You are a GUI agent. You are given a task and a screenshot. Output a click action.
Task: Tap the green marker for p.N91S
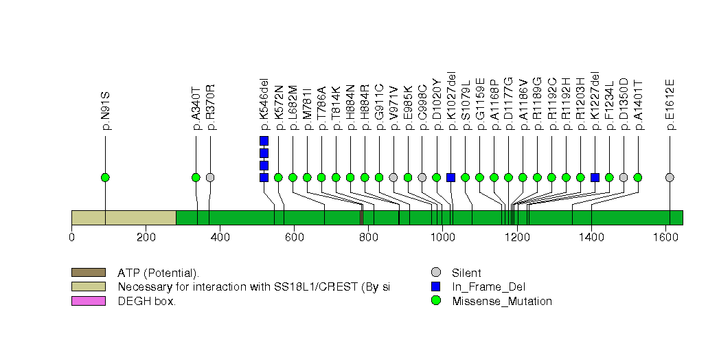tap(105, 177)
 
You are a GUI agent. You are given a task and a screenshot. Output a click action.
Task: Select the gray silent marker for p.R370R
tap(210, 177)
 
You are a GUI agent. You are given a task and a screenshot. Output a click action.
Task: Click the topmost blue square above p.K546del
tap(264, 141)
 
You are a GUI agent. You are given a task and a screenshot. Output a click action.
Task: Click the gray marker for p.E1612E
tap(670, 177)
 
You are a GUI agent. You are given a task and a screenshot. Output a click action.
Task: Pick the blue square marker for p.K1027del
tap(450, 177)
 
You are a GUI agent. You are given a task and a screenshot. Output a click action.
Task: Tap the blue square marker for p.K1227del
tap(595, 177)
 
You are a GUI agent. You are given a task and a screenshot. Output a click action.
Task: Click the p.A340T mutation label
tap(196, 107)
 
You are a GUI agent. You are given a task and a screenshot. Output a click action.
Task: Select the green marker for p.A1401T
tap(637, 177)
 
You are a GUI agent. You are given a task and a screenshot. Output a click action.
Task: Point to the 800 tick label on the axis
tap(368, 238)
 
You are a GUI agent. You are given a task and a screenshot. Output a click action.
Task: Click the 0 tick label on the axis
tap(71, 238)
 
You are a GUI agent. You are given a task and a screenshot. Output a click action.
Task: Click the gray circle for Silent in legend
tap(435, 273)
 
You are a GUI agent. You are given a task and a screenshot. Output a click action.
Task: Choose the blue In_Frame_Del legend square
tap(435, 286)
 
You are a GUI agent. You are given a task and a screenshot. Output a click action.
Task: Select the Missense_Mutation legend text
tap(501, 301)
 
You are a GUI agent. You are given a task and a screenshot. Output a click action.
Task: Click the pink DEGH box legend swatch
tap(88, 301)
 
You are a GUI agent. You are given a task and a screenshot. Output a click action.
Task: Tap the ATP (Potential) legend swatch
tap(88, 273)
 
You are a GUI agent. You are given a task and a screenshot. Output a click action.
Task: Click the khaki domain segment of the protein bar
tap(124, 218)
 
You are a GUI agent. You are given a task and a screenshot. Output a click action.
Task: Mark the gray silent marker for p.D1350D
tap(623, 177)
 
